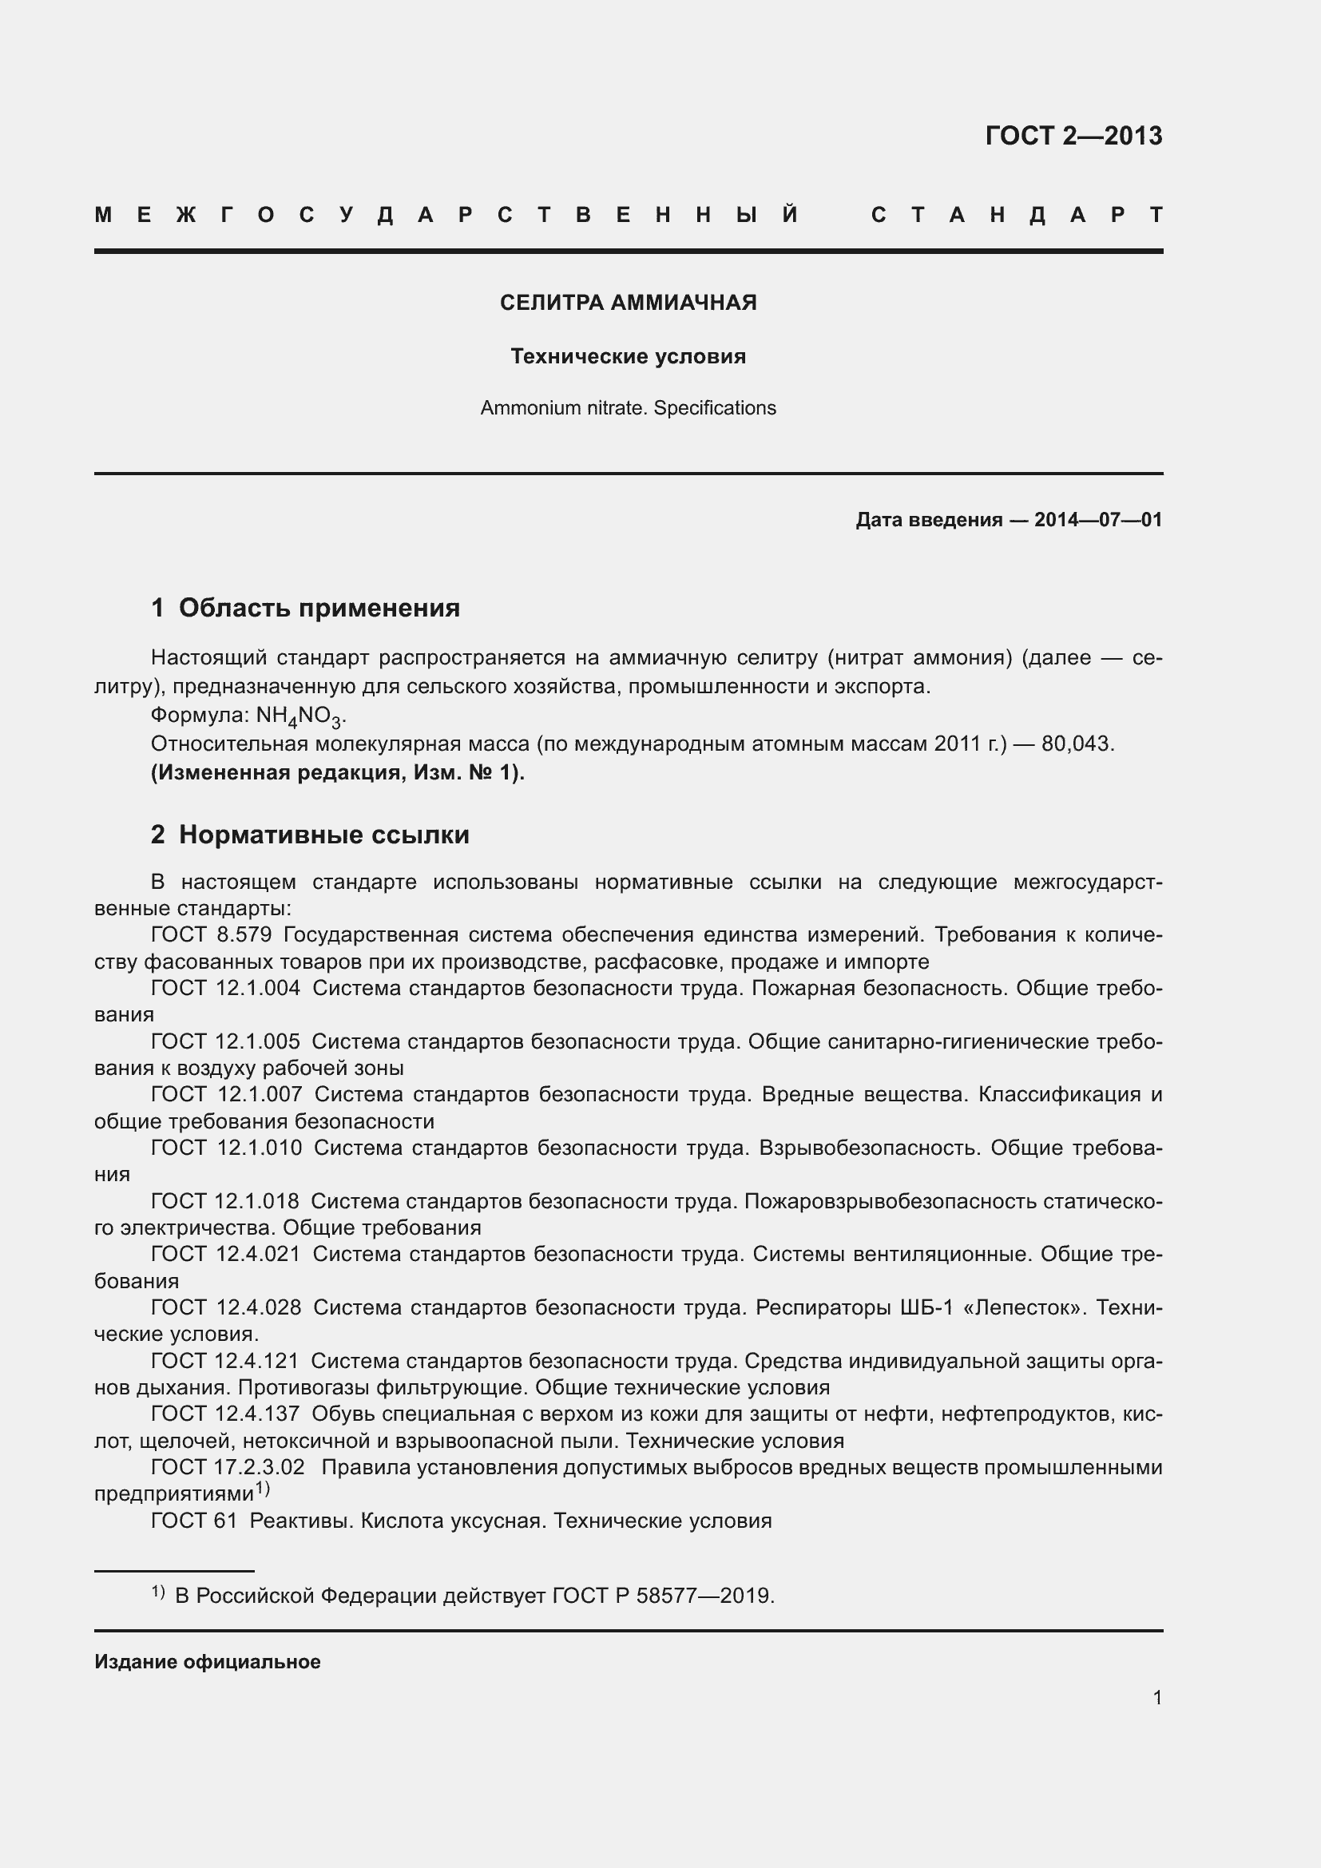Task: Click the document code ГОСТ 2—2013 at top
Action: click(1073, 135)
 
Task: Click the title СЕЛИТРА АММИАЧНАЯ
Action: click(628, 303)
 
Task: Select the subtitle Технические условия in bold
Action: click(628, 356)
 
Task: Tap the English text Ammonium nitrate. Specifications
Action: click(628, 407)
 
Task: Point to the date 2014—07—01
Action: click(1097, 520)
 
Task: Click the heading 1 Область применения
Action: click(306, 608)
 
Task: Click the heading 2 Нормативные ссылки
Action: click(310, 835)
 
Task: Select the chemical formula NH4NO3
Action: click(300, 716)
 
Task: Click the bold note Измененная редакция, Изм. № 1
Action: click(338, 772)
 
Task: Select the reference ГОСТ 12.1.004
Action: click(225, 989)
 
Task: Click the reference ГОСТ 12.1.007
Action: click(226, 1094)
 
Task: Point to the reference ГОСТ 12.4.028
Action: click(226, 1307)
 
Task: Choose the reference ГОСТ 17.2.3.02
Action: click(228, 1467)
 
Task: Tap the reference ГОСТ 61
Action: click(193, 1521)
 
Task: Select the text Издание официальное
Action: click(208, 1662)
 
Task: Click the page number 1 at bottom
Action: click(1156, 1697)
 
